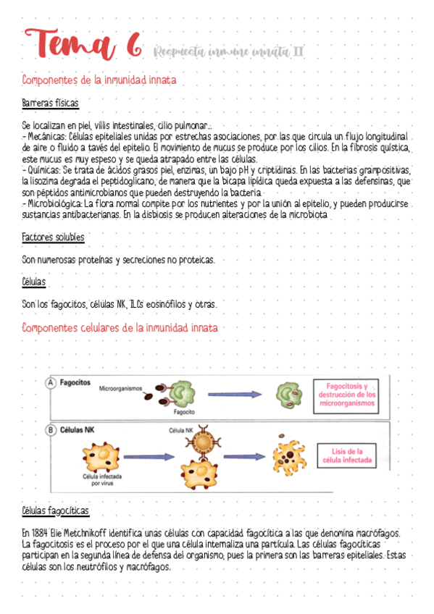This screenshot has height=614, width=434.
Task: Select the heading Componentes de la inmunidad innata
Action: pyautogui.click(x=99, y=80)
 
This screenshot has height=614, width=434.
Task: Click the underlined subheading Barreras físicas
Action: pyautogui.click(x=50, y=104)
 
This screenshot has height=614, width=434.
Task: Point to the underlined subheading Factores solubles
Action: pyautogui.click(x=53, y=237)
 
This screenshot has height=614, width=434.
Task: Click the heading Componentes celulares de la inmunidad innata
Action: pyautogui.click(x=120, y=328)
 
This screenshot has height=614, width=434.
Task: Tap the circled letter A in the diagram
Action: pyautogui.click(x=51, y=382)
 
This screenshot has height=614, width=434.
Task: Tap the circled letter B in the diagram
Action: pyautogui.click(x=51, y=429)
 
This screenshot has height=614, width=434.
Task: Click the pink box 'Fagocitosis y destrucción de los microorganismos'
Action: pyautogui.click(x=346, y=395)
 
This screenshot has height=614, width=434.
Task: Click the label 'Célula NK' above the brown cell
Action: pyautogui.click(x=180, y=430)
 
